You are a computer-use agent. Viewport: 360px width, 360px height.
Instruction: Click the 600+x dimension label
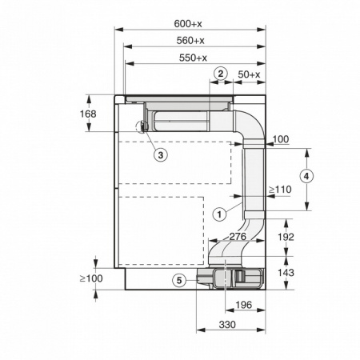coord(191,23)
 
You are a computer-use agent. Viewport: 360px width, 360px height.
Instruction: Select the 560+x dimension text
coord(191,40)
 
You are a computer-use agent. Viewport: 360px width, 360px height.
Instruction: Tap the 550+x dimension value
coord(192,57)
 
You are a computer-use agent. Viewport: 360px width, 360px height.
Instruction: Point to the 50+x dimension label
coord(250,74)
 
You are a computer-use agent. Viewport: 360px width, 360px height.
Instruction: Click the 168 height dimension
coord(88,114)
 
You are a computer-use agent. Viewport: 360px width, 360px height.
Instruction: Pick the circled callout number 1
coord(218,214)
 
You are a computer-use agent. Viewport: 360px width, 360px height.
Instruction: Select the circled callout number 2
coord(220,74)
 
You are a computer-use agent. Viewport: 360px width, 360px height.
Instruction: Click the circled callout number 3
coord(160,154)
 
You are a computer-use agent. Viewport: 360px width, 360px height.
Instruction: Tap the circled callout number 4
coord(306,176)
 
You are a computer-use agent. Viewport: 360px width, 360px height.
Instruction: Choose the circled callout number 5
coord(180,279)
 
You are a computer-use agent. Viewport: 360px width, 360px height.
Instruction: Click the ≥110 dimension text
coord(278,190)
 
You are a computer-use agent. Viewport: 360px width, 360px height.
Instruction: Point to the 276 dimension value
coord(235,237)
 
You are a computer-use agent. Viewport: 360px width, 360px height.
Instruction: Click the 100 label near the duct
coord(280,140)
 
